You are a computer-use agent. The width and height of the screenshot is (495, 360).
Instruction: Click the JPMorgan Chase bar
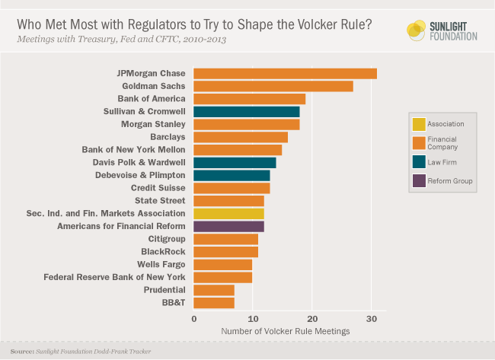(285, 74)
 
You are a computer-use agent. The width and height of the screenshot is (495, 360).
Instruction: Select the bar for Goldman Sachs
(273, 86)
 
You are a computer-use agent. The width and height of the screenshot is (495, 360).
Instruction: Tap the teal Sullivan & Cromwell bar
(247, 112)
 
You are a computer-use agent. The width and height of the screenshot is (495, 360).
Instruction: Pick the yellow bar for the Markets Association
(228, 214)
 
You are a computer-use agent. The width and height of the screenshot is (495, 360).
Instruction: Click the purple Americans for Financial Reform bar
(228, 226)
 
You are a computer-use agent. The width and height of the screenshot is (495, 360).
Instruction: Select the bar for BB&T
(214, 303)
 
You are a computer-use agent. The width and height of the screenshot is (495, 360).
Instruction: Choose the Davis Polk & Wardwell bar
(235, 163)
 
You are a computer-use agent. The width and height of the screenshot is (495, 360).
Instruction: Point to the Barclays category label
(168, 137)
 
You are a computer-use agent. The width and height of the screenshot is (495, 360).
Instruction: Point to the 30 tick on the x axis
(371, 318)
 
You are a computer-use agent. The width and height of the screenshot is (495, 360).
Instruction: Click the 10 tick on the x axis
(253, 318)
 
